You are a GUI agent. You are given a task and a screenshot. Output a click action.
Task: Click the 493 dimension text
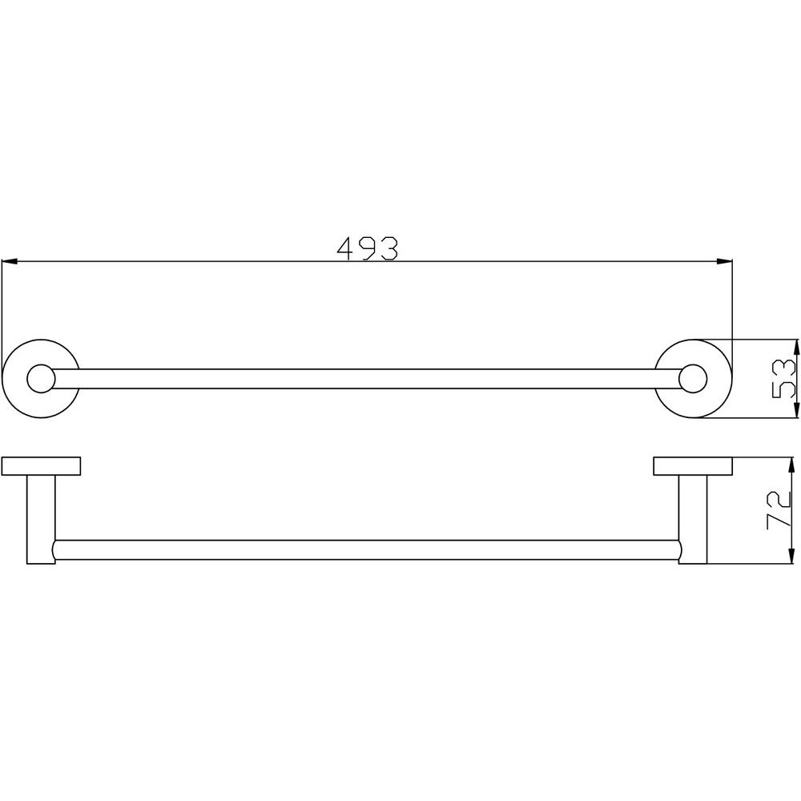[x=367, y=248]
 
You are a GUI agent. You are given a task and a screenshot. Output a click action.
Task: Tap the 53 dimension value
[x=783, y=379]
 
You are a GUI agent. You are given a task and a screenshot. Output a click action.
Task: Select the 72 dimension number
[x=779, y=511]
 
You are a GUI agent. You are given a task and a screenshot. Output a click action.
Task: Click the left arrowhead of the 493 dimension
[x=10, y=262]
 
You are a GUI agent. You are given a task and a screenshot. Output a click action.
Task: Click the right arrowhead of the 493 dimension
[x=724, y=262]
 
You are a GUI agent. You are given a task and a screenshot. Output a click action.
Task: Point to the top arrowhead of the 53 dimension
[x=795, y=348]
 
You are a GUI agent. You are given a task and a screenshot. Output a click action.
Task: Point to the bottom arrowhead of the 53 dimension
[x=795, y=409]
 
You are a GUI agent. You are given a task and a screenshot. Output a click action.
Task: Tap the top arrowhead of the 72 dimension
[x=791, y=465]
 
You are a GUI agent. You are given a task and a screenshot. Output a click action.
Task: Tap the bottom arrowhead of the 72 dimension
[x=791, y=556]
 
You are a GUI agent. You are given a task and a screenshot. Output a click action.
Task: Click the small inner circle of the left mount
[x=41, y=379]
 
